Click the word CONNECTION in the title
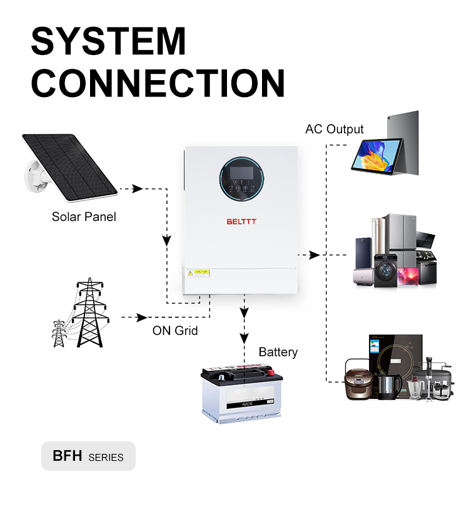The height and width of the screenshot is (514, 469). [x=158, y=83]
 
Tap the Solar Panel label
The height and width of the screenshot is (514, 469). [x=84, y=217]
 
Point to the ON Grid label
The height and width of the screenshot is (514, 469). [x=175, y=330]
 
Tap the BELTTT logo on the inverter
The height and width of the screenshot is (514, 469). [x=242, y=221]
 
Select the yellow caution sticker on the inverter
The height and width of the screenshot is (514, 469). [x=201, y=272]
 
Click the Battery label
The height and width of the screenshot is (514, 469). [x=278, y=352]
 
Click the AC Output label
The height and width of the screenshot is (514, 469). [x=334, y=130]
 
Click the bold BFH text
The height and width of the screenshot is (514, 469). [x=68, y=456]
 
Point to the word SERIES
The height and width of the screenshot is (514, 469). [x=106, y=457]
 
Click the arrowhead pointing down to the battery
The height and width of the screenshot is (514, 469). [x=245, y=337]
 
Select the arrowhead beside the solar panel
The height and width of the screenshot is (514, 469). [x=137, y=188]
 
